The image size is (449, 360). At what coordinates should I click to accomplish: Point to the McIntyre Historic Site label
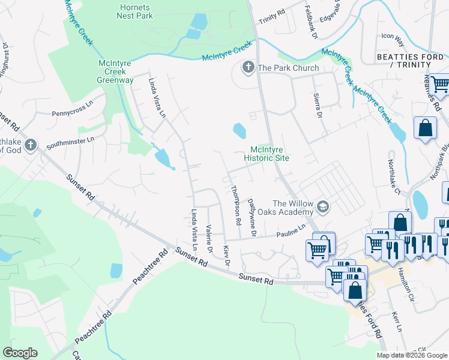[x=267, y=154]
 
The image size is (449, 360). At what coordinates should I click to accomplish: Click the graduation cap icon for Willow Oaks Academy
[x=324, y=207]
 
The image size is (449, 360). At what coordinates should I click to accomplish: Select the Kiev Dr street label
[x=227, y=254]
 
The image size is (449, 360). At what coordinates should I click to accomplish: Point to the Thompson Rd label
[x=236, y=205]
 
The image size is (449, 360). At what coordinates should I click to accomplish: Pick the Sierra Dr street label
[x=319, y=105]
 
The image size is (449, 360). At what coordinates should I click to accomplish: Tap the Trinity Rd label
[x=271, y=17]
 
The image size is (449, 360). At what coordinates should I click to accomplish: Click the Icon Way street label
[x=393, y=40]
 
